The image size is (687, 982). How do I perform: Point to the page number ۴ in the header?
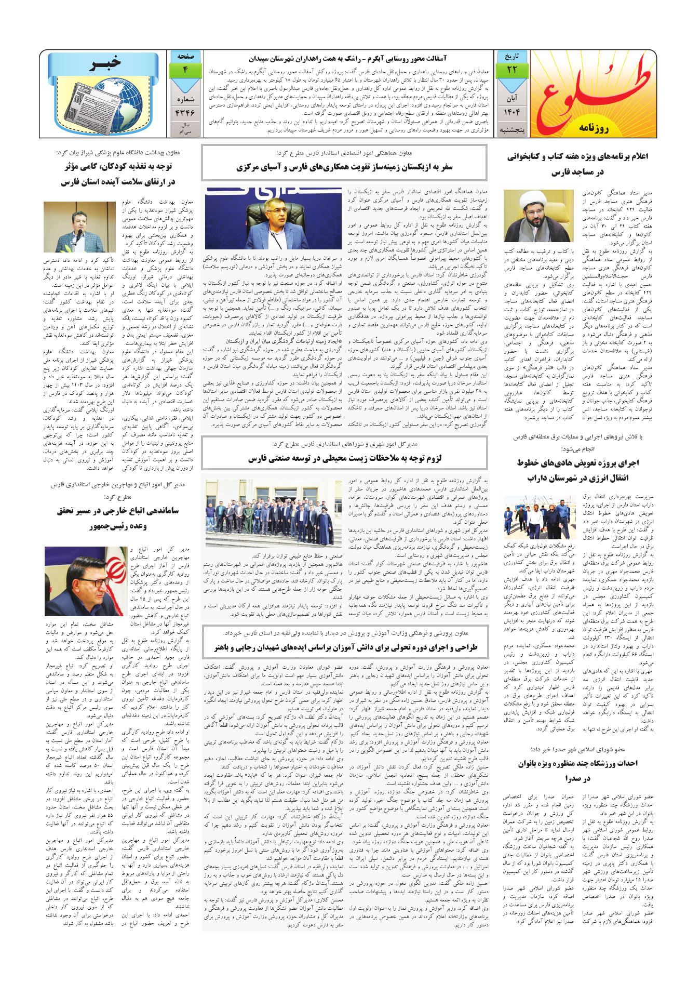(184, 70)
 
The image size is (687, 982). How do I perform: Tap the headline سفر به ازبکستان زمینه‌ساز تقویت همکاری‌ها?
(344, 168)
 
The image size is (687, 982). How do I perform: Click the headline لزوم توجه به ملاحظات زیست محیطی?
(344, 459)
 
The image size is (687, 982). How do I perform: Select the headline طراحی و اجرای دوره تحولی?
(344, 647)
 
